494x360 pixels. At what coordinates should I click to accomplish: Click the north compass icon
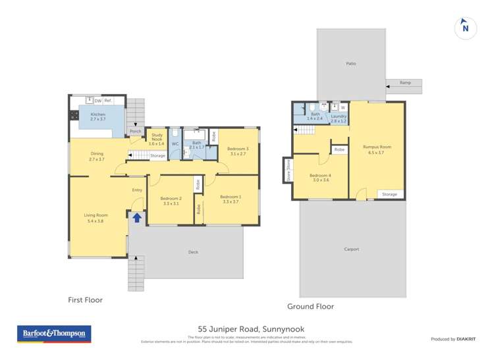tap(466, 28)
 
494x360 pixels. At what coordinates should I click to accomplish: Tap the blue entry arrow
tap(137, 217)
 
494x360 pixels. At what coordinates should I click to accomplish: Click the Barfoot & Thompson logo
tap(55, 334)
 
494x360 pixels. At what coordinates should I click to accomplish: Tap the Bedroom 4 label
tap(320, 176)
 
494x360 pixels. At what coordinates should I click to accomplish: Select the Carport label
tap(352, 249)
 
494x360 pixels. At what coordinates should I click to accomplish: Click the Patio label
tap(351, 64)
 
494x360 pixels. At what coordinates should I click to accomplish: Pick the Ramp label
tap(406, 83)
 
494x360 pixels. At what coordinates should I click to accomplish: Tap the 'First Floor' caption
tap(86, 300)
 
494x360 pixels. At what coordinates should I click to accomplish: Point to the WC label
tap(175, 143)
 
